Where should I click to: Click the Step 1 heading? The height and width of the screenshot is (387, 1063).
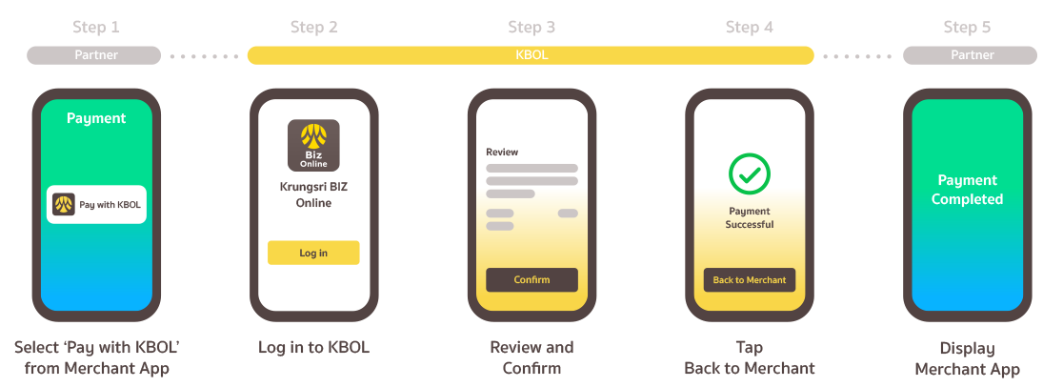(95, 28)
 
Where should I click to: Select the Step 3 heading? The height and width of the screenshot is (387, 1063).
(531, 28)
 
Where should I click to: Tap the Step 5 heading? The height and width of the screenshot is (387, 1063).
(967, 28)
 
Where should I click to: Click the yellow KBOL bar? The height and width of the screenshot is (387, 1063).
(531, 55)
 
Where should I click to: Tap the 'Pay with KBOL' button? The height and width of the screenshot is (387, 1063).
(96, 204)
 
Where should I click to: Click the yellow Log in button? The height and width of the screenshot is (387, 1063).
(313, 253)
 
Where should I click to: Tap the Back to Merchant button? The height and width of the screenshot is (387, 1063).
(750, 280)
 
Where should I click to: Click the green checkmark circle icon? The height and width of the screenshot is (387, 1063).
(750, 173)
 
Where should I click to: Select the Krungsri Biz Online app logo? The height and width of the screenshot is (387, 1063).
(313, 145)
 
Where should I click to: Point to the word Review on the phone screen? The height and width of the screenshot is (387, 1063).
(502, 152)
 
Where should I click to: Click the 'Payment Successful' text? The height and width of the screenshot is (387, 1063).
(750, 217)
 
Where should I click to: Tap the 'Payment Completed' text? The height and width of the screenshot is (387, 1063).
(967, 190)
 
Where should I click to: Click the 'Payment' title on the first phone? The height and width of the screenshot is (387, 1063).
(96, 118)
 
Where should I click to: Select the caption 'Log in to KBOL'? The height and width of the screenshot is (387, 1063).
(313, 348)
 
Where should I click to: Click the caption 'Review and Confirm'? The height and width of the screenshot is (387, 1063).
(531, 357)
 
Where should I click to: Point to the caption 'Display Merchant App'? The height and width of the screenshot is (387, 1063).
(967, 358)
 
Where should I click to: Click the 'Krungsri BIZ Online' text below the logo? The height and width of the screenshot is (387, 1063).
(313, 194)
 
